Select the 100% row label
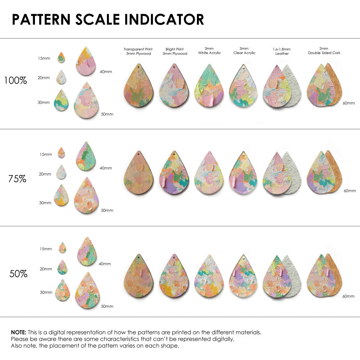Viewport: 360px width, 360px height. pos(15,81)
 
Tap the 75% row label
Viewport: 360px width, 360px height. pos(17,179)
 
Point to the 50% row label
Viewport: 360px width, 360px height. pos(18,274)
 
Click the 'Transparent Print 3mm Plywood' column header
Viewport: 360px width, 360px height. pos(138,51)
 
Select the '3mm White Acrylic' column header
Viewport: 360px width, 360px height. pos(210,51)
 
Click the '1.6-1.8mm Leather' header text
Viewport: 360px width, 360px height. pos(282,51)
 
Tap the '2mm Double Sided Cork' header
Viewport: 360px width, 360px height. pos(324,51)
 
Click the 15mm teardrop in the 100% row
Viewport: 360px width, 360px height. pos(61,58)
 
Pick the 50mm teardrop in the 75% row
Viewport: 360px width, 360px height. pos(86,195)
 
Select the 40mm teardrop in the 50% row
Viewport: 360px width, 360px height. pos(87,251)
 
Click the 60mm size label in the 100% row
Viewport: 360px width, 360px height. pos(348,103)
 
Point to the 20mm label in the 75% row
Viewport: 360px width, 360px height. pos(45,174)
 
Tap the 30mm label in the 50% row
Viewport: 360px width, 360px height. pos(46,292)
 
